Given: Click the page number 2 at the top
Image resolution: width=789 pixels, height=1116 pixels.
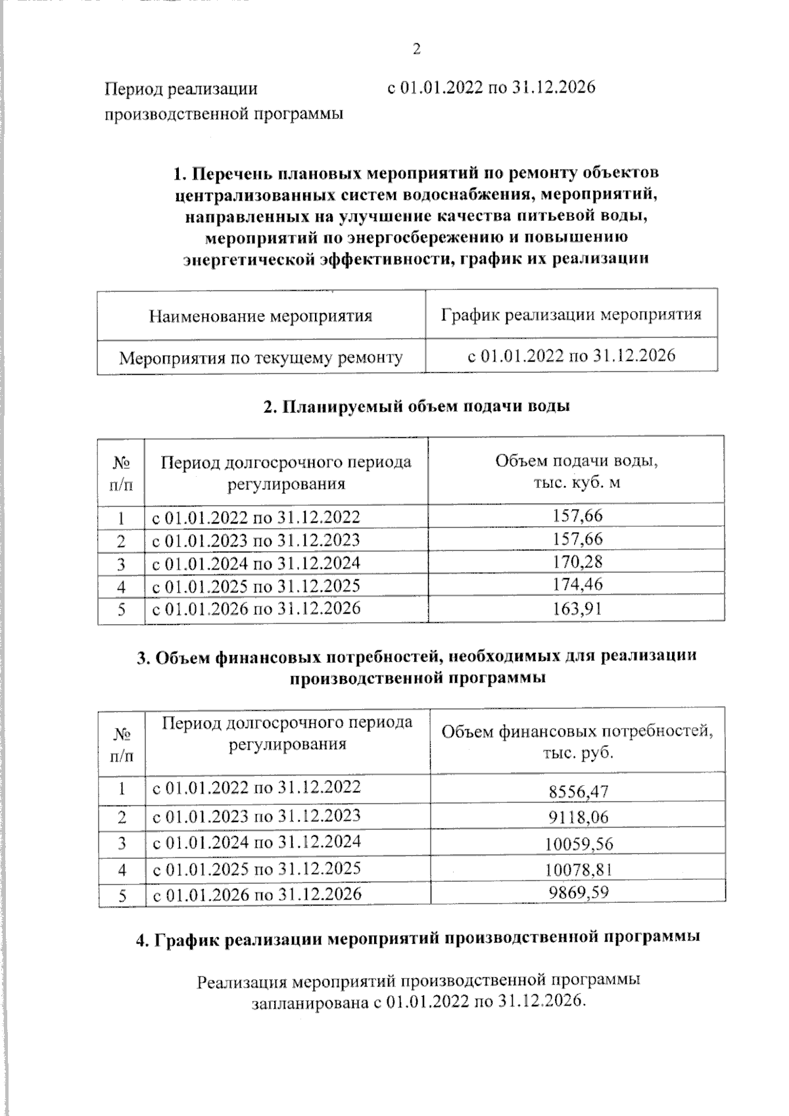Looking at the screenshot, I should tap(416, 49).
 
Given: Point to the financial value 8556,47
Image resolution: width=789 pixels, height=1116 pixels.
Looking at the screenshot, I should tap(579, 791).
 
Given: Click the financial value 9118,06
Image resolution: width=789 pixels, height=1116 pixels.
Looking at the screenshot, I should tap(579, 817).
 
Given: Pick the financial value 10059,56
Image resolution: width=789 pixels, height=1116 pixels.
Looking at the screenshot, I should tap(579, 844).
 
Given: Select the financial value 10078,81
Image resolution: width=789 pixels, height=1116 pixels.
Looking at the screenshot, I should tap(579, 870).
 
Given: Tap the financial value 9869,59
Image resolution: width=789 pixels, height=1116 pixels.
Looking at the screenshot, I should tap(579, 892).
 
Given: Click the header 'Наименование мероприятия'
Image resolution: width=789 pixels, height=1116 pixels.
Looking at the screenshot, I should tap(260, 316).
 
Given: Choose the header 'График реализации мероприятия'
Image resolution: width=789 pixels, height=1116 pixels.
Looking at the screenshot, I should tap(571, 314).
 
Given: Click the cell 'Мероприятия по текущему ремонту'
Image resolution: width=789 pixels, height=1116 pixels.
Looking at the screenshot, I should tap(260, 358).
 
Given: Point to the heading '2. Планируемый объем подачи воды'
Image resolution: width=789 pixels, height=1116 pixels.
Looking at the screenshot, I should tap(416, 406).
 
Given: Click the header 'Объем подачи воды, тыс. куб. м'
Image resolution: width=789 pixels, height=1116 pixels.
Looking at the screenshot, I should tap(576, 472).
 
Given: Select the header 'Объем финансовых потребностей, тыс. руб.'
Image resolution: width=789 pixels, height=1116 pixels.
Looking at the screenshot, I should tap(577, 741).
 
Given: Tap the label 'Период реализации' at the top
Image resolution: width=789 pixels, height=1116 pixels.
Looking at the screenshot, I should tap(181, 89).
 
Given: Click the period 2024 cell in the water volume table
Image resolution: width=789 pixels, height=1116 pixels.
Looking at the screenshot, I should tap(256, 564).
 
